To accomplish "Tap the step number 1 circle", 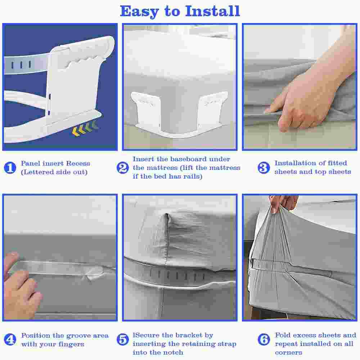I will click(10, 168).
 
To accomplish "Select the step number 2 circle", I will click(123, 168).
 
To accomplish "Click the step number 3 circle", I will click(264, 168).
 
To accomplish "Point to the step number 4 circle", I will click(10, 339).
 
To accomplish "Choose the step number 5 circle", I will click(123, 339).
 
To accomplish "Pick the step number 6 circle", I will click(264, 339).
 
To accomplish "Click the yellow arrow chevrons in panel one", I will click(84, 129).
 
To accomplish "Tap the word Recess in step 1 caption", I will click(78, 163).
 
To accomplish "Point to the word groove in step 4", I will click(78, 336).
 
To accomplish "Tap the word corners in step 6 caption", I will click(288, 352).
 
